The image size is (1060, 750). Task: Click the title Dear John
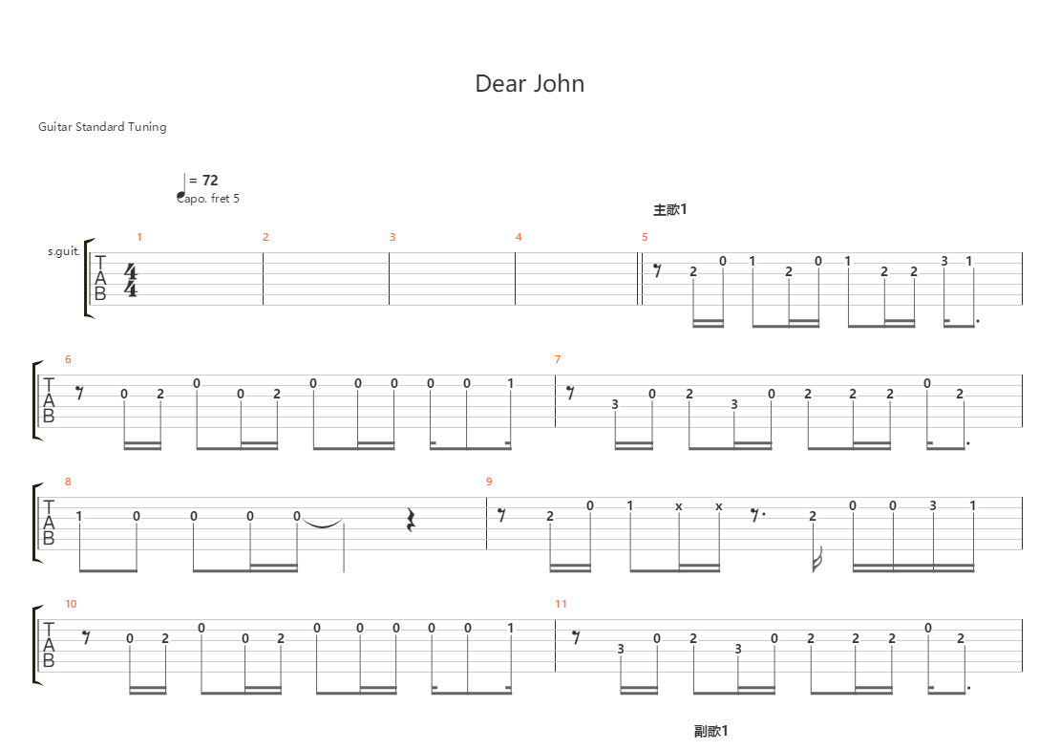[x=529, y=84]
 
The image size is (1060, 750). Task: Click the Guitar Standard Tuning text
[x=102, y=126]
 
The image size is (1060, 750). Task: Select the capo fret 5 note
[x=208, y=198]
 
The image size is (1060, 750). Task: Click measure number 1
[x=138, y=237]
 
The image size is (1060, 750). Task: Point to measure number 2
[x=265, y=237]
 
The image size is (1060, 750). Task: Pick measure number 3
[x=392, y=237]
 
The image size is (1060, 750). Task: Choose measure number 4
[x=519, y=237]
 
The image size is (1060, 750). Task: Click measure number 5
[x=645, y=237]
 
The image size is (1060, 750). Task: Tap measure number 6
[x=68, y=359]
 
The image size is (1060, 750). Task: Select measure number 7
[x=558, y=359]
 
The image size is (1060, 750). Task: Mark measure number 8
[x=68, y=482]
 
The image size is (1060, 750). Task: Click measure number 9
[x=489, y=482]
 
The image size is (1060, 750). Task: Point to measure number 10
[x=72, y=604]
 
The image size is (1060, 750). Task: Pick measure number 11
[x=561, y=604]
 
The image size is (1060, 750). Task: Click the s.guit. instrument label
[x=63, y=252]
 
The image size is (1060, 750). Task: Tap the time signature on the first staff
[x=131, y=279]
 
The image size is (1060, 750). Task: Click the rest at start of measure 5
[x=657, y=270]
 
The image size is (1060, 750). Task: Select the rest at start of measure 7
[x=570, y=392]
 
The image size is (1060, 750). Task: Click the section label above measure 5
[x=670, y=209]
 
